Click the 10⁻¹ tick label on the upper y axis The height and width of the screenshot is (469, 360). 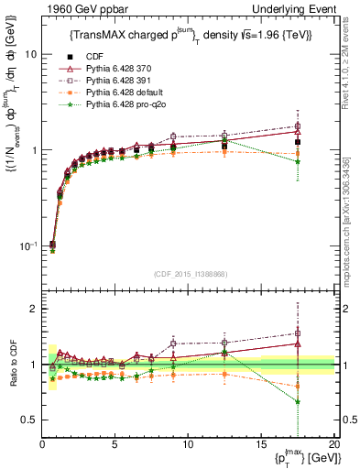click(27, 246)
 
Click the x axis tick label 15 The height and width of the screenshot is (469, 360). click(261, 444)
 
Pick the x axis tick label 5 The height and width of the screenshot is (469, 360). click(115, 444)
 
